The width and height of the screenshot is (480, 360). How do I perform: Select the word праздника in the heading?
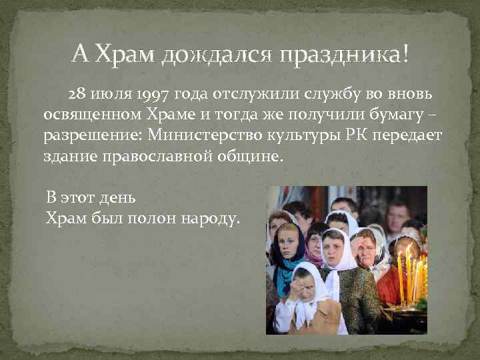click(x=341, y=53)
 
